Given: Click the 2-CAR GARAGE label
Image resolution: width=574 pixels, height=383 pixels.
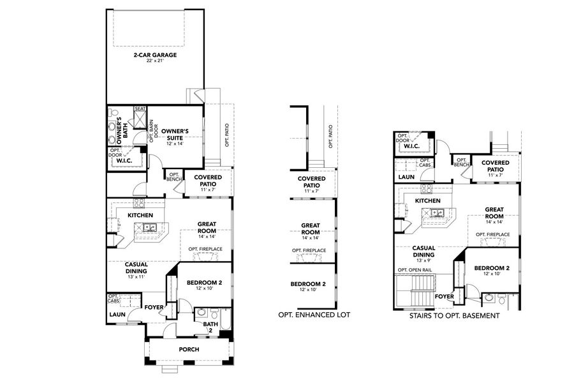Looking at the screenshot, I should [155, 55].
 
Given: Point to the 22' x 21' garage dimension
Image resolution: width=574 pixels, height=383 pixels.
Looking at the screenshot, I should [155, 61].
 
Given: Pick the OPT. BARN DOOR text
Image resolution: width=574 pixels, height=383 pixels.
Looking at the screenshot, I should [152, 130].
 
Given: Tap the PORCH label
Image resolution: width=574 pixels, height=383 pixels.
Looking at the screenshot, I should [189, 349].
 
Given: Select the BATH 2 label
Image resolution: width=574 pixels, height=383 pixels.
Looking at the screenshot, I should [210, 327].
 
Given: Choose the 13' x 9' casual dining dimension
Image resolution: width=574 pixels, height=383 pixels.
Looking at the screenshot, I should [423, 260].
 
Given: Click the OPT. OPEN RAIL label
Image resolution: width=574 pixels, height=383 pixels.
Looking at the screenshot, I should [415, 270].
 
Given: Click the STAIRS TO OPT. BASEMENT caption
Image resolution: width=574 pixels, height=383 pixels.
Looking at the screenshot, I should [455, 315].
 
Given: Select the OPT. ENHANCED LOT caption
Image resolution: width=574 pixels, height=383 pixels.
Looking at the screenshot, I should [314, 315].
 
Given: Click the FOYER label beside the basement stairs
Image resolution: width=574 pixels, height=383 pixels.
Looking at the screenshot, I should [445, 296].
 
